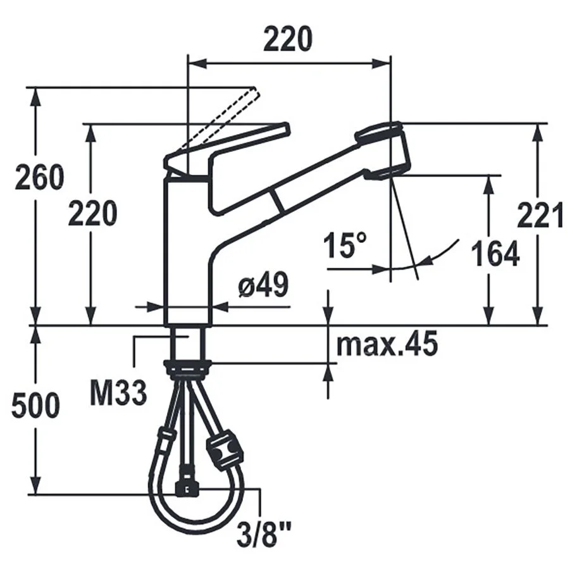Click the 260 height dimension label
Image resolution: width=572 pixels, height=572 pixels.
coord(39,178)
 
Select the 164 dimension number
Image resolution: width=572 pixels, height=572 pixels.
coord(495,254)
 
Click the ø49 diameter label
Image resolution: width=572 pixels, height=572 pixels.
coord(263,284)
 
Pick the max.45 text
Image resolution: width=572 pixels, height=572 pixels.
coord(387,344)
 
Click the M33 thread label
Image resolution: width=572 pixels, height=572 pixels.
coord(118,393)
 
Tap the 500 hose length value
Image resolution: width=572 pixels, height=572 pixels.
coord(35,406)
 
